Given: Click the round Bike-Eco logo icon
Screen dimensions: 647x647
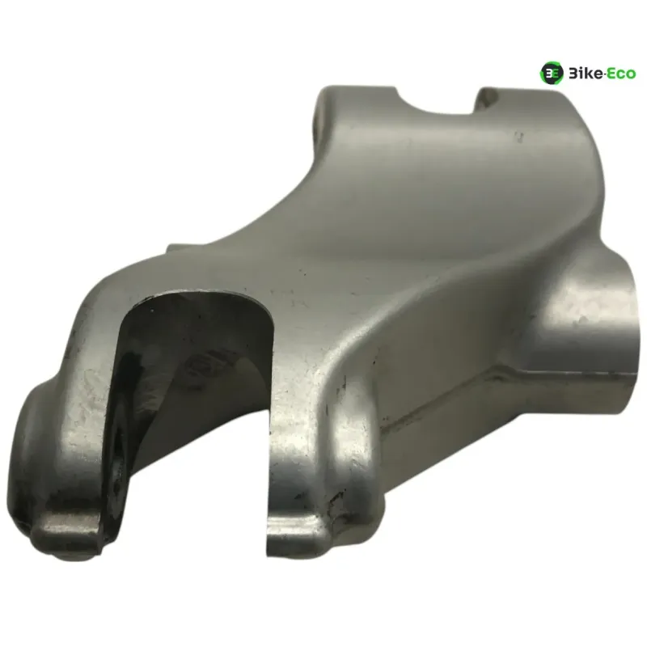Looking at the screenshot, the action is pos(552,74).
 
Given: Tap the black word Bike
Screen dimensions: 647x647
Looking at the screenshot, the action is pos(586,74).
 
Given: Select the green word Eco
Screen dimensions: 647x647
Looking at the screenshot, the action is pos(621,74).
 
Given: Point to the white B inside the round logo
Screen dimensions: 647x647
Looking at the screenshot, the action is pos(549,74).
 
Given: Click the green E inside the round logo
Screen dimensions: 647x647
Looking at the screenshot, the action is pos(556,74).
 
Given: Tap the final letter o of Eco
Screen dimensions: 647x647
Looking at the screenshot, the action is pos(631,75).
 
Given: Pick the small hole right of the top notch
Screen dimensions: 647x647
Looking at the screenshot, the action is pos(490,96).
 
